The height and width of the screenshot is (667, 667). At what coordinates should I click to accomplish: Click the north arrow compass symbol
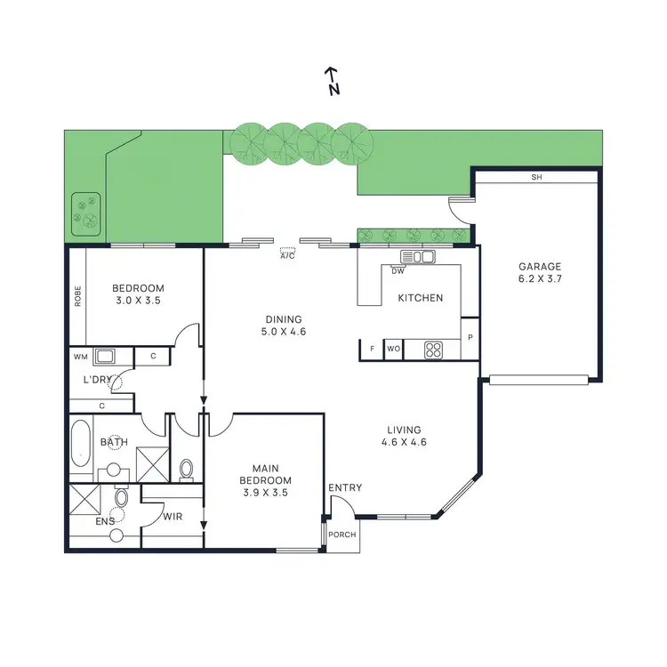click(x=332, y=80)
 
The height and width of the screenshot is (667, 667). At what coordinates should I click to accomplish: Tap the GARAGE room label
click(x=541, y=272)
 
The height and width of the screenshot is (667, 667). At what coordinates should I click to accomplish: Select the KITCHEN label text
click(x=420, y=298)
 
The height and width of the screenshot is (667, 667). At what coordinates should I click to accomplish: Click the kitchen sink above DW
click(x=417, y=258)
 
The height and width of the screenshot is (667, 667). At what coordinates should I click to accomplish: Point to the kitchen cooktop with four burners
click(x=433, y=350)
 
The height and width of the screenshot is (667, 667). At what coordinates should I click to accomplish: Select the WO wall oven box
click(x=393, y=350)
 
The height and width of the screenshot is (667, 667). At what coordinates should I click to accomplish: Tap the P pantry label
click(x=470, y=340)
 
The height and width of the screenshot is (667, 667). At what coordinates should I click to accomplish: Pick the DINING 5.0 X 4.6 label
click(x=284, y=326)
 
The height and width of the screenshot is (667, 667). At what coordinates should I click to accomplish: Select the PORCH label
click(x=342, y=535)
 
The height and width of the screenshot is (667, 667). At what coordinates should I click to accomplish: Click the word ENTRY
click(x=345, y=487)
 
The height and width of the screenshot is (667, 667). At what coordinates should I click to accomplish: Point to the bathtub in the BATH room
click(x=81, y=442)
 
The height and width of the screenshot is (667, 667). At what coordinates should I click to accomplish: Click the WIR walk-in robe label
click(x=173, y=516)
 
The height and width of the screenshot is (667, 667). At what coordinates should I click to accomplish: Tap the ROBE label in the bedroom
click(x=78, y=294)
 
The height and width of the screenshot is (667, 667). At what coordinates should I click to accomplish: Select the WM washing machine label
click(x=79, y=358)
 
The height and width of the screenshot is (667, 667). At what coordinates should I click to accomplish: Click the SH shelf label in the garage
click(x=535, y=178)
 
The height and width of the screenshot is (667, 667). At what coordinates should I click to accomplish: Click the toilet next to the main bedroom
click(x=187, y=468)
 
